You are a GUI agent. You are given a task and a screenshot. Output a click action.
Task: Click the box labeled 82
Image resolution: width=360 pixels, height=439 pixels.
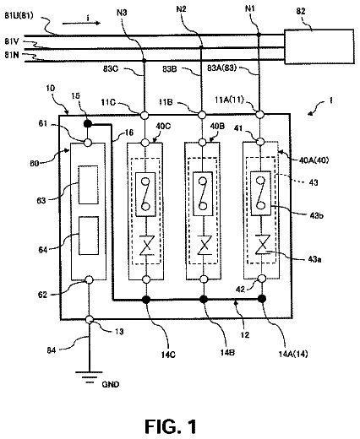click(x=319, y=46)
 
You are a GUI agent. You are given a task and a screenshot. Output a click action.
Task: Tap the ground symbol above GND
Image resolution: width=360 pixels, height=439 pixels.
click(x=90, y=377)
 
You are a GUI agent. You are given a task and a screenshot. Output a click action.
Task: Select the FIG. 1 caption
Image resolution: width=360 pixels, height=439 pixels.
click(x=171, y=426)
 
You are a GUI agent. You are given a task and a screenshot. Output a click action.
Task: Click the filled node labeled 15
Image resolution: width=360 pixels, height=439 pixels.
click(x=88, y=124)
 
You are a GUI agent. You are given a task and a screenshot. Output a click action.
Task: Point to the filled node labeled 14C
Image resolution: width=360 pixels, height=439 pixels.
click(x=146, y=300)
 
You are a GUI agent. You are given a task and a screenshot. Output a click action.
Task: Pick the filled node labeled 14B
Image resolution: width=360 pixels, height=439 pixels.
click(x=204, y=299)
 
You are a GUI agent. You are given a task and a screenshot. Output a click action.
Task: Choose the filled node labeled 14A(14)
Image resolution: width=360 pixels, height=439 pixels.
click(x=262, y=299)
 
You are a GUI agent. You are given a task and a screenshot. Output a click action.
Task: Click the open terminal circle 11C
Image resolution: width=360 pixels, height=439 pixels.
click(x=145, y=115)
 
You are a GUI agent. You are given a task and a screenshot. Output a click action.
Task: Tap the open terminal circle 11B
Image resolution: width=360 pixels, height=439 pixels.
click(x=202, y=115)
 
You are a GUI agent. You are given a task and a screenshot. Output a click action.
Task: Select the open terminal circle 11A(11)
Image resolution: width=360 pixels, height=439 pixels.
click(x=260, y=114)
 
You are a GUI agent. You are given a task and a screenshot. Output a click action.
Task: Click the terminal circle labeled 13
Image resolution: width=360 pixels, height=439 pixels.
click(x=90, y=319)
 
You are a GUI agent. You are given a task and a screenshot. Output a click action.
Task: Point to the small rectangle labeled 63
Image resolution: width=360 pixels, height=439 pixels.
click(x=88, y=185)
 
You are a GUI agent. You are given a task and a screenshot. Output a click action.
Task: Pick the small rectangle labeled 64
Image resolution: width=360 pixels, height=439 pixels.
click(x=89, y=236)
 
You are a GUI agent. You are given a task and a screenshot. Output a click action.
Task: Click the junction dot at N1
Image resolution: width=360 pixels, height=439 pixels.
click(x=259, y=35)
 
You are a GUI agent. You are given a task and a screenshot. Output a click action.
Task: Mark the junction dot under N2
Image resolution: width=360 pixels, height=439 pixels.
click(x=201, y=47)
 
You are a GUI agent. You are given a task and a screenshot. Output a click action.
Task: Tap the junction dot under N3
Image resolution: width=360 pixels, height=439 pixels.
click(x=144, y=61)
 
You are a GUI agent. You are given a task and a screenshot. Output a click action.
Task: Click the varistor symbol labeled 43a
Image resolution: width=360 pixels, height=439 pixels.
click(x=263, y=245)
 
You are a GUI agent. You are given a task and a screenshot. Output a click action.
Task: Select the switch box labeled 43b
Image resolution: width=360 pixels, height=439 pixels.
click(x=261, y=194)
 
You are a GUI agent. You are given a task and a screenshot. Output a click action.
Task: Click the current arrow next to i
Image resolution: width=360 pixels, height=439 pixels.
click(x=81, y=24)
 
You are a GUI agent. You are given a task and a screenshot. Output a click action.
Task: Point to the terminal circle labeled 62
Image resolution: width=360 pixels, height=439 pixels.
click(x=89, y=279)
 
